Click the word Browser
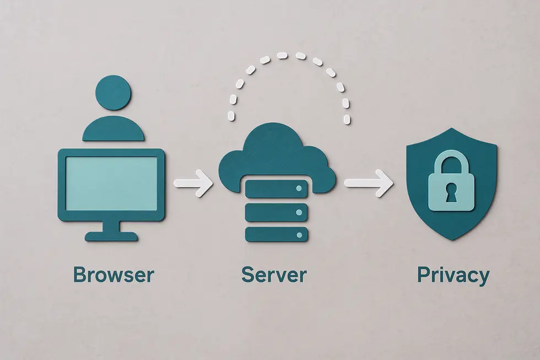(114, 275)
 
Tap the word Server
(274, 275)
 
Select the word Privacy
(453, 275)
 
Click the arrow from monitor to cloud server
(193, 183)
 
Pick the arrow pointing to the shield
(369, 183)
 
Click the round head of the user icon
(113, 92)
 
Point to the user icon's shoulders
(114, 128)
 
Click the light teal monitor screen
(111, 183)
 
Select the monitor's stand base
(111, 237)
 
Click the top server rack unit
(276, 188)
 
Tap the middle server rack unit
(276, 212)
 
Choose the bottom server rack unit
(276, 235)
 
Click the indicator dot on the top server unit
(299, 189)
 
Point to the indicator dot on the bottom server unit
(299, 235)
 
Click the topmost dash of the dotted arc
(282, 56)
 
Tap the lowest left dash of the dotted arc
(231, 116)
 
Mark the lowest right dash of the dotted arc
(347, 119)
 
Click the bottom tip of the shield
(452, 240)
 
